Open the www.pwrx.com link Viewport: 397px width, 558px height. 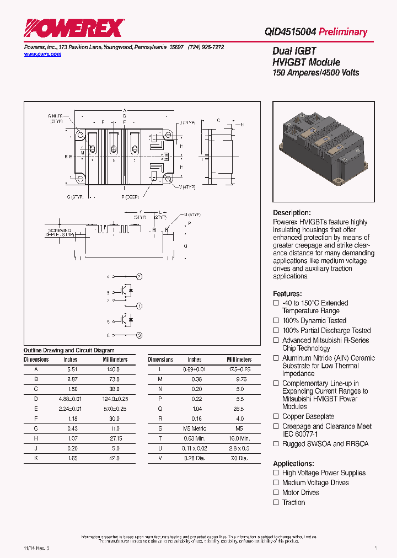click(x=42, y=55)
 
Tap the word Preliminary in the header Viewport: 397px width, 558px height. click(x=343, y=32)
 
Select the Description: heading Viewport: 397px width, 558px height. click(x=292, y=213)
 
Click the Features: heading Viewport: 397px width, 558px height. click(x=287, y=294)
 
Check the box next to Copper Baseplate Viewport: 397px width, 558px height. click(x=276, y=417)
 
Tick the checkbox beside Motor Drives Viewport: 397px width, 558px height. click(x=276, y=493)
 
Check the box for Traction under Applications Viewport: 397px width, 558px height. click(x=276, y=503)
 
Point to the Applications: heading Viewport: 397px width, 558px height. click(x=293, y=464)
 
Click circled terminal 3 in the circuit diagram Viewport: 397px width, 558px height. click(x=140, y=335)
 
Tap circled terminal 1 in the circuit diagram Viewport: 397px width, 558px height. click(x=140, y=305)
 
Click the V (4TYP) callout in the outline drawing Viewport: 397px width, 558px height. click(x=187, y=187)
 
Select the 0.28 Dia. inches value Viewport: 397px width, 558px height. click(x=194, y=458)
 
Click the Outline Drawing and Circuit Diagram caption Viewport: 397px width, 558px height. click(x=69, y=350)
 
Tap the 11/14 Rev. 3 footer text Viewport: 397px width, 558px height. click(x=36, y=549)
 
